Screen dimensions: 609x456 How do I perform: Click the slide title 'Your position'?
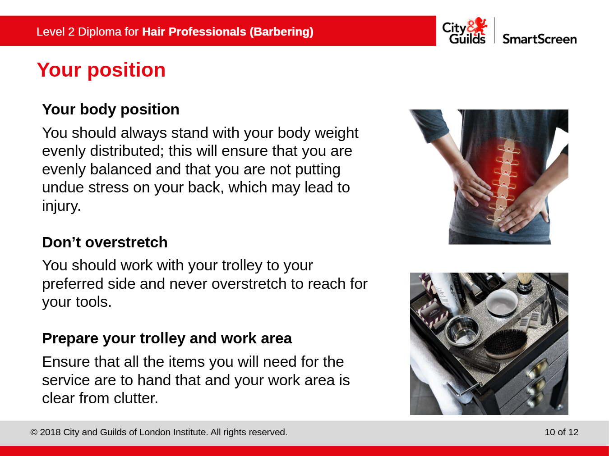101,70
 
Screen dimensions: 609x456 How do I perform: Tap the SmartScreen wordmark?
540,39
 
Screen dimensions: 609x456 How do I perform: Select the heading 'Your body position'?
111,109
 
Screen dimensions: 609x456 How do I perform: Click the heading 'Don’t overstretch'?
105,242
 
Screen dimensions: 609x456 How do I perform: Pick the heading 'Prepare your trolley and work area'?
167,338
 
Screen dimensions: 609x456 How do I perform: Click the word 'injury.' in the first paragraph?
61,206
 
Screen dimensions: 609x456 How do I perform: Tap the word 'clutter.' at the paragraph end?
136,398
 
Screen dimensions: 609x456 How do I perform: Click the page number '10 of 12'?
562,432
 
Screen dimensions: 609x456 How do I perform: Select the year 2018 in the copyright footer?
50,432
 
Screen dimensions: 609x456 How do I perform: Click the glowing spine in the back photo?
503,180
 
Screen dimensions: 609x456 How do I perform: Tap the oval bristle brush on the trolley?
506,343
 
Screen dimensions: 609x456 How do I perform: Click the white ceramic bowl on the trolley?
502,303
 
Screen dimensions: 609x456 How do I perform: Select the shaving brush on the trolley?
525,283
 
